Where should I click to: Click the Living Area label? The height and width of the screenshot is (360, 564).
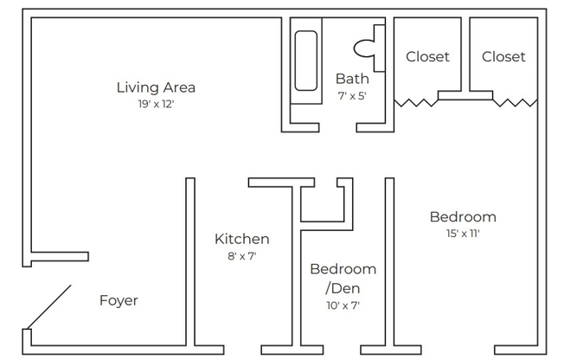156,87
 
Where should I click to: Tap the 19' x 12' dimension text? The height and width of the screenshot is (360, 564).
156,104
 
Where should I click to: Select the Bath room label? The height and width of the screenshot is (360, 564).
352,80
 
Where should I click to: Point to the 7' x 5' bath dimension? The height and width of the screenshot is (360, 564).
352,96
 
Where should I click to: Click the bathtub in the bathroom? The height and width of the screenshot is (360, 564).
306,61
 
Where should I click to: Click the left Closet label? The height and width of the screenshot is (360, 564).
427,57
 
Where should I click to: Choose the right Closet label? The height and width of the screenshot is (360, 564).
503,57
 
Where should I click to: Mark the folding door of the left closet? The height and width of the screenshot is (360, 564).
417,102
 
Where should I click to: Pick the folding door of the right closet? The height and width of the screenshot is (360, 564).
516,102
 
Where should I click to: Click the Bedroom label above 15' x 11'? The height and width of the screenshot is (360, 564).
463,216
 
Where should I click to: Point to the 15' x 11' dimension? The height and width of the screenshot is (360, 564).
463,233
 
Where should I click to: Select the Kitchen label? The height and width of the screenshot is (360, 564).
242,239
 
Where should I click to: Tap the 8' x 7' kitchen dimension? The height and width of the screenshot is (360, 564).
242,255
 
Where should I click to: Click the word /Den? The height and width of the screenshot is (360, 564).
336,288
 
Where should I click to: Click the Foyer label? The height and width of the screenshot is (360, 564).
119,301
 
